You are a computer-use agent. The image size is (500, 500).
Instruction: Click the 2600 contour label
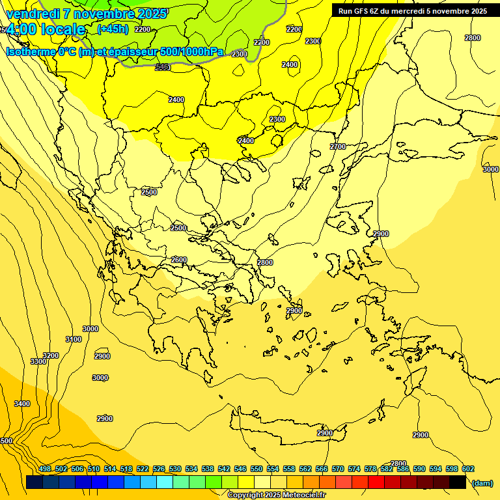[x=179, y=260]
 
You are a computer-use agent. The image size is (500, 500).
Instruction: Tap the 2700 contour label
[x=338, y=146]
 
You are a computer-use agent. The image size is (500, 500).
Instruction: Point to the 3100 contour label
[x=74, y=339]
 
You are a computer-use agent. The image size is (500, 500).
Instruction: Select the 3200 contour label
[x=51, y=355]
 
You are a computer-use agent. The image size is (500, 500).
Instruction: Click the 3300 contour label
[x=38, y=361]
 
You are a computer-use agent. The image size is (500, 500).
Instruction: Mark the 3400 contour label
[x=22, y=404]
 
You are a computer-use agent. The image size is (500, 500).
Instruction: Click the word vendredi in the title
[x=33, y=14]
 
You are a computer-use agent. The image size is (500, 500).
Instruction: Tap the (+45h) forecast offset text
[x=113, y=29]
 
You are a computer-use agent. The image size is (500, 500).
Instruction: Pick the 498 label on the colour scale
[x=45, y=469]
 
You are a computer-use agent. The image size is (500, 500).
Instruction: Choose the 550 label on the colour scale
[x=257, y=469]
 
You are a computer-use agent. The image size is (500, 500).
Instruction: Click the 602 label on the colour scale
[x=468, y=469]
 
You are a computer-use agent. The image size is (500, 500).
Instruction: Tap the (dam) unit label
[x=482, y=482]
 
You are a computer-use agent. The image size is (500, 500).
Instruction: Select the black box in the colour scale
[x=458, y=482]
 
